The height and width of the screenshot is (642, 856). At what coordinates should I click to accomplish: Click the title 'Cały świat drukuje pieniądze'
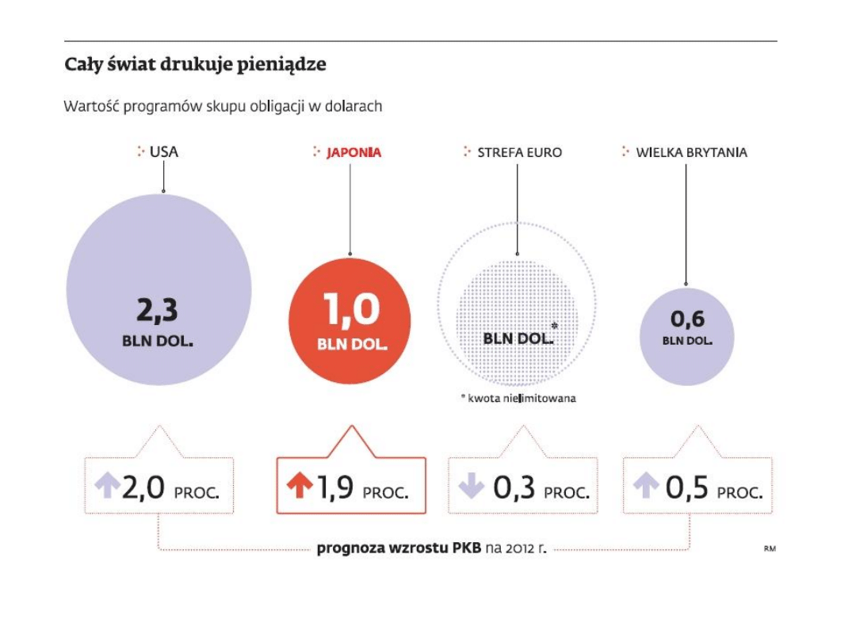195,66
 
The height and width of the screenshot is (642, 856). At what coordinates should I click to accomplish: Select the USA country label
163,151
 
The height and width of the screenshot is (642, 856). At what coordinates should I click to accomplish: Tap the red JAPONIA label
353,152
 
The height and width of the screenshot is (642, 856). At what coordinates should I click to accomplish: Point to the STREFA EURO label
519,152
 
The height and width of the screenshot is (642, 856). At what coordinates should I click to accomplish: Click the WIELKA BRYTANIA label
691,152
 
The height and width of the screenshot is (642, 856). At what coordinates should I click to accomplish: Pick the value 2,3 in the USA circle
158,311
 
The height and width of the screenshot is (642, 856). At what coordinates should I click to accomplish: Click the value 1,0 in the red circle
352,309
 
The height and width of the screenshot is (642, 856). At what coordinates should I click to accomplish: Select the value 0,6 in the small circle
686,319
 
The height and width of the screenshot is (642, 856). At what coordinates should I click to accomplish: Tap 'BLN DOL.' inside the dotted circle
518,338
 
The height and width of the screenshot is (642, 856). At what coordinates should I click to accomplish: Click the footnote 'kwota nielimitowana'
520,398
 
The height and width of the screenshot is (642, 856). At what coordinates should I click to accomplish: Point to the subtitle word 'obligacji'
292,106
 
